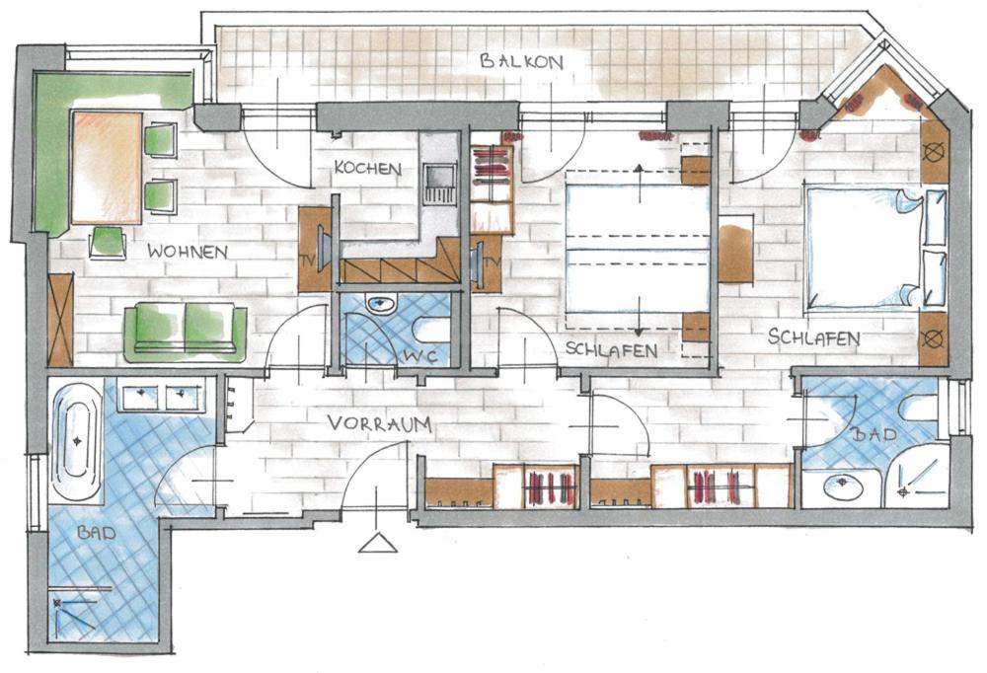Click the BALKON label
pos(521,61)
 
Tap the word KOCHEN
pos(367,168)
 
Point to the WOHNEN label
pos(188,252)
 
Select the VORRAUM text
pos(380,423)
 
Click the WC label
pos(420,356)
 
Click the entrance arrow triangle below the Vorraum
pos(378,543)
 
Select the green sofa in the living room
pos(186,333)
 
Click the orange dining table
pos(107,168)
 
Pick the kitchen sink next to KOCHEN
pos(439,184)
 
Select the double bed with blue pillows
pos(876,248)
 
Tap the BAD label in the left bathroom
pos(97,533)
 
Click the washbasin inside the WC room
pos(381,305)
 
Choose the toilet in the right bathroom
pos(919,408)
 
